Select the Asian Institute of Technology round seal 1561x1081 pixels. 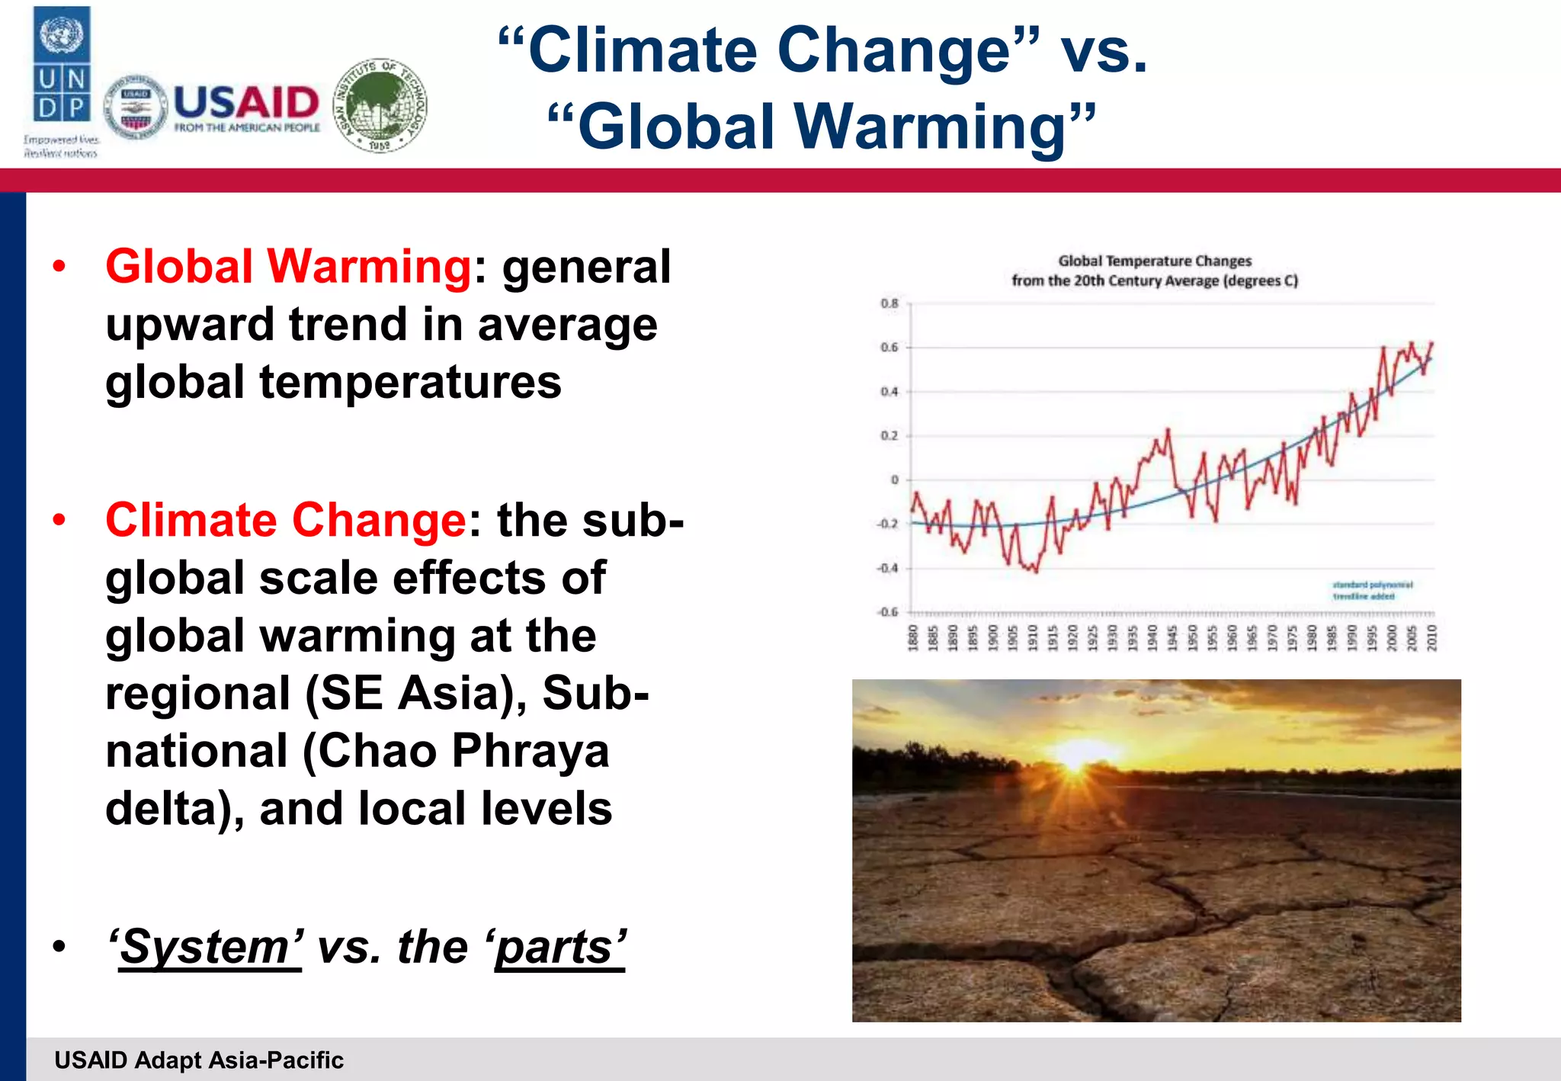380,105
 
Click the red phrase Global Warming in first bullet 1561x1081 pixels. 288,267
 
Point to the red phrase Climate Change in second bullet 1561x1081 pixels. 286,521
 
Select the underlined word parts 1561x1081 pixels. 560,948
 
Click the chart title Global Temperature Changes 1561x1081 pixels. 1154,261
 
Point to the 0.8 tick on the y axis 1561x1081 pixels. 889,303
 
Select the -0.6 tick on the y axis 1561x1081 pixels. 888,612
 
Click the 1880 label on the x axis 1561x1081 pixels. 912,637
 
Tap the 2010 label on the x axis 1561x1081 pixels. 1431,637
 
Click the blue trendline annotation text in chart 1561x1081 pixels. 1372,591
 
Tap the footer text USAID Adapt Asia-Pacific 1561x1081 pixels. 199,1060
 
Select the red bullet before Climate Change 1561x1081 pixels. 59,521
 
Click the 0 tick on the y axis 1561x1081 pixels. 895,480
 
